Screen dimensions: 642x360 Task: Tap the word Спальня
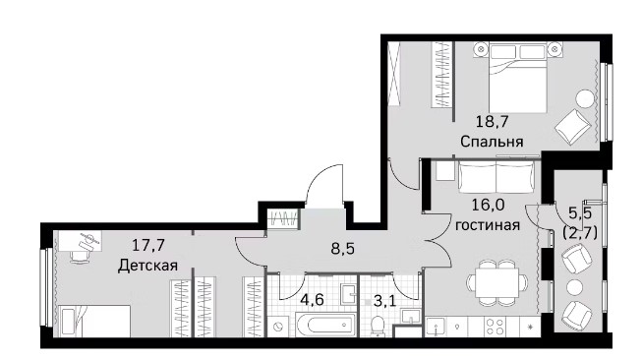click(x=492, y=142)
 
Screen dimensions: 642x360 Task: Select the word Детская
click(x=147, y=266)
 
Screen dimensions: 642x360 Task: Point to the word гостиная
click(x=488, y=225)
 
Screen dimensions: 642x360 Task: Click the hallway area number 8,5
click(x=343, y=249)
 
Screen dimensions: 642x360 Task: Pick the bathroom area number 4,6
click(x=312, y=299)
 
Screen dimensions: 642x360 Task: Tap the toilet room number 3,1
click(x=384, y=302)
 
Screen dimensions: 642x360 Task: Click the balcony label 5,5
click(x=580, y=212)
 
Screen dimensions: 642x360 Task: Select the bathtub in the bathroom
click(x=325, y=326)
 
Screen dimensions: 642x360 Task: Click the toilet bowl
click(x=377, y=327)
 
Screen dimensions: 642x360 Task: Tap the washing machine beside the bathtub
click(x=279, y=326)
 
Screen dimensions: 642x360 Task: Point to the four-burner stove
click(x=495, y=327)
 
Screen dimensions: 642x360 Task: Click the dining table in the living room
click(x=497, y=282)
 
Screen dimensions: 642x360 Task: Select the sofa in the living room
click(x=496, y=176)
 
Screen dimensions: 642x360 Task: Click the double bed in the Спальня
click(x=517, y=77)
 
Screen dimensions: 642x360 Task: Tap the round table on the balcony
click(x=574, y=287)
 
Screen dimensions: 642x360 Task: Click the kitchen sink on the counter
click(x=437, y=327)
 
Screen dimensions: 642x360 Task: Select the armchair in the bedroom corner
click(x=573, y=127)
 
